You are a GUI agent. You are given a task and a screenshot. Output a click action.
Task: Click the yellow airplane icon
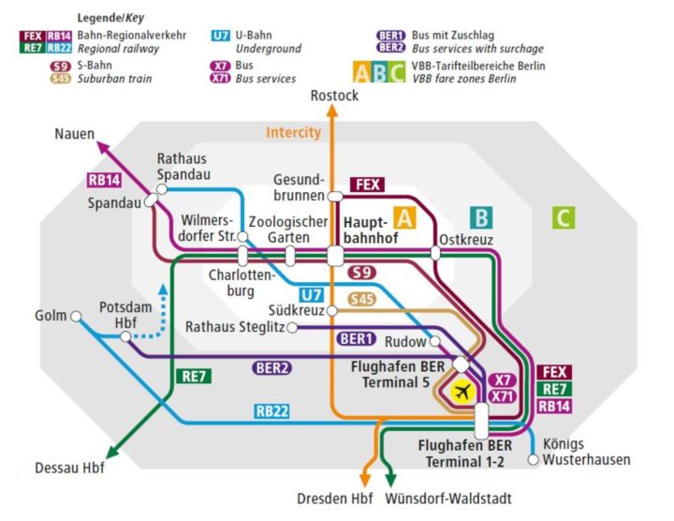(462, 392)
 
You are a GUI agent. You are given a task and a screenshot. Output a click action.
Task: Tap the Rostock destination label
(335, 96)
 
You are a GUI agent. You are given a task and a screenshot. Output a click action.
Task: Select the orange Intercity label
(293, 132)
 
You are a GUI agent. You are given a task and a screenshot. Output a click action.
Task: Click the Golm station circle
(76, 316)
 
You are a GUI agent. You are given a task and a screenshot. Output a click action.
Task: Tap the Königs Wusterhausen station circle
(534, 459)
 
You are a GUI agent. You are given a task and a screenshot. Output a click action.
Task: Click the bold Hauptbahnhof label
(372, 231)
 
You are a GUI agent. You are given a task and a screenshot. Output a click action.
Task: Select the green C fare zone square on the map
(563, 218)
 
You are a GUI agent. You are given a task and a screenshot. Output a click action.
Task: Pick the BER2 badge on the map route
(271, 368)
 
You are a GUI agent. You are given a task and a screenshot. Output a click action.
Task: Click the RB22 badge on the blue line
(272, 410)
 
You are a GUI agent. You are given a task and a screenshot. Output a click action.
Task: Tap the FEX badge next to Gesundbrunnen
(367, 185)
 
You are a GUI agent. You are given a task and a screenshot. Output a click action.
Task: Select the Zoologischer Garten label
(288, 230)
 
